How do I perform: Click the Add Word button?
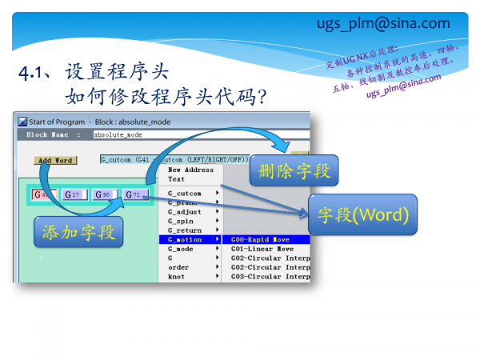tap(54, 160)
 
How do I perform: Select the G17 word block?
tap(72, 194)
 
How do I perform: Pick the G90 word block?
tap(103, 194)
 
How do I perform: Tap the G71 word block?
tap(134, 194)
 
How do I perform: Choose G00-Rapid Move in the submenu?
tap(258, 239)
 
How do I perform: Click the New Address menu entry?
tap(190, 170)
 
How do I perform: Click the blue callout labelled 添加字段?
tap(78, 231)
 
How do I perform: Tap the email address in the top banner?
tap(394, 23)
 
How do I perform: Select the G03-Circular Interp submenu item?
tap(270, 277)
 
